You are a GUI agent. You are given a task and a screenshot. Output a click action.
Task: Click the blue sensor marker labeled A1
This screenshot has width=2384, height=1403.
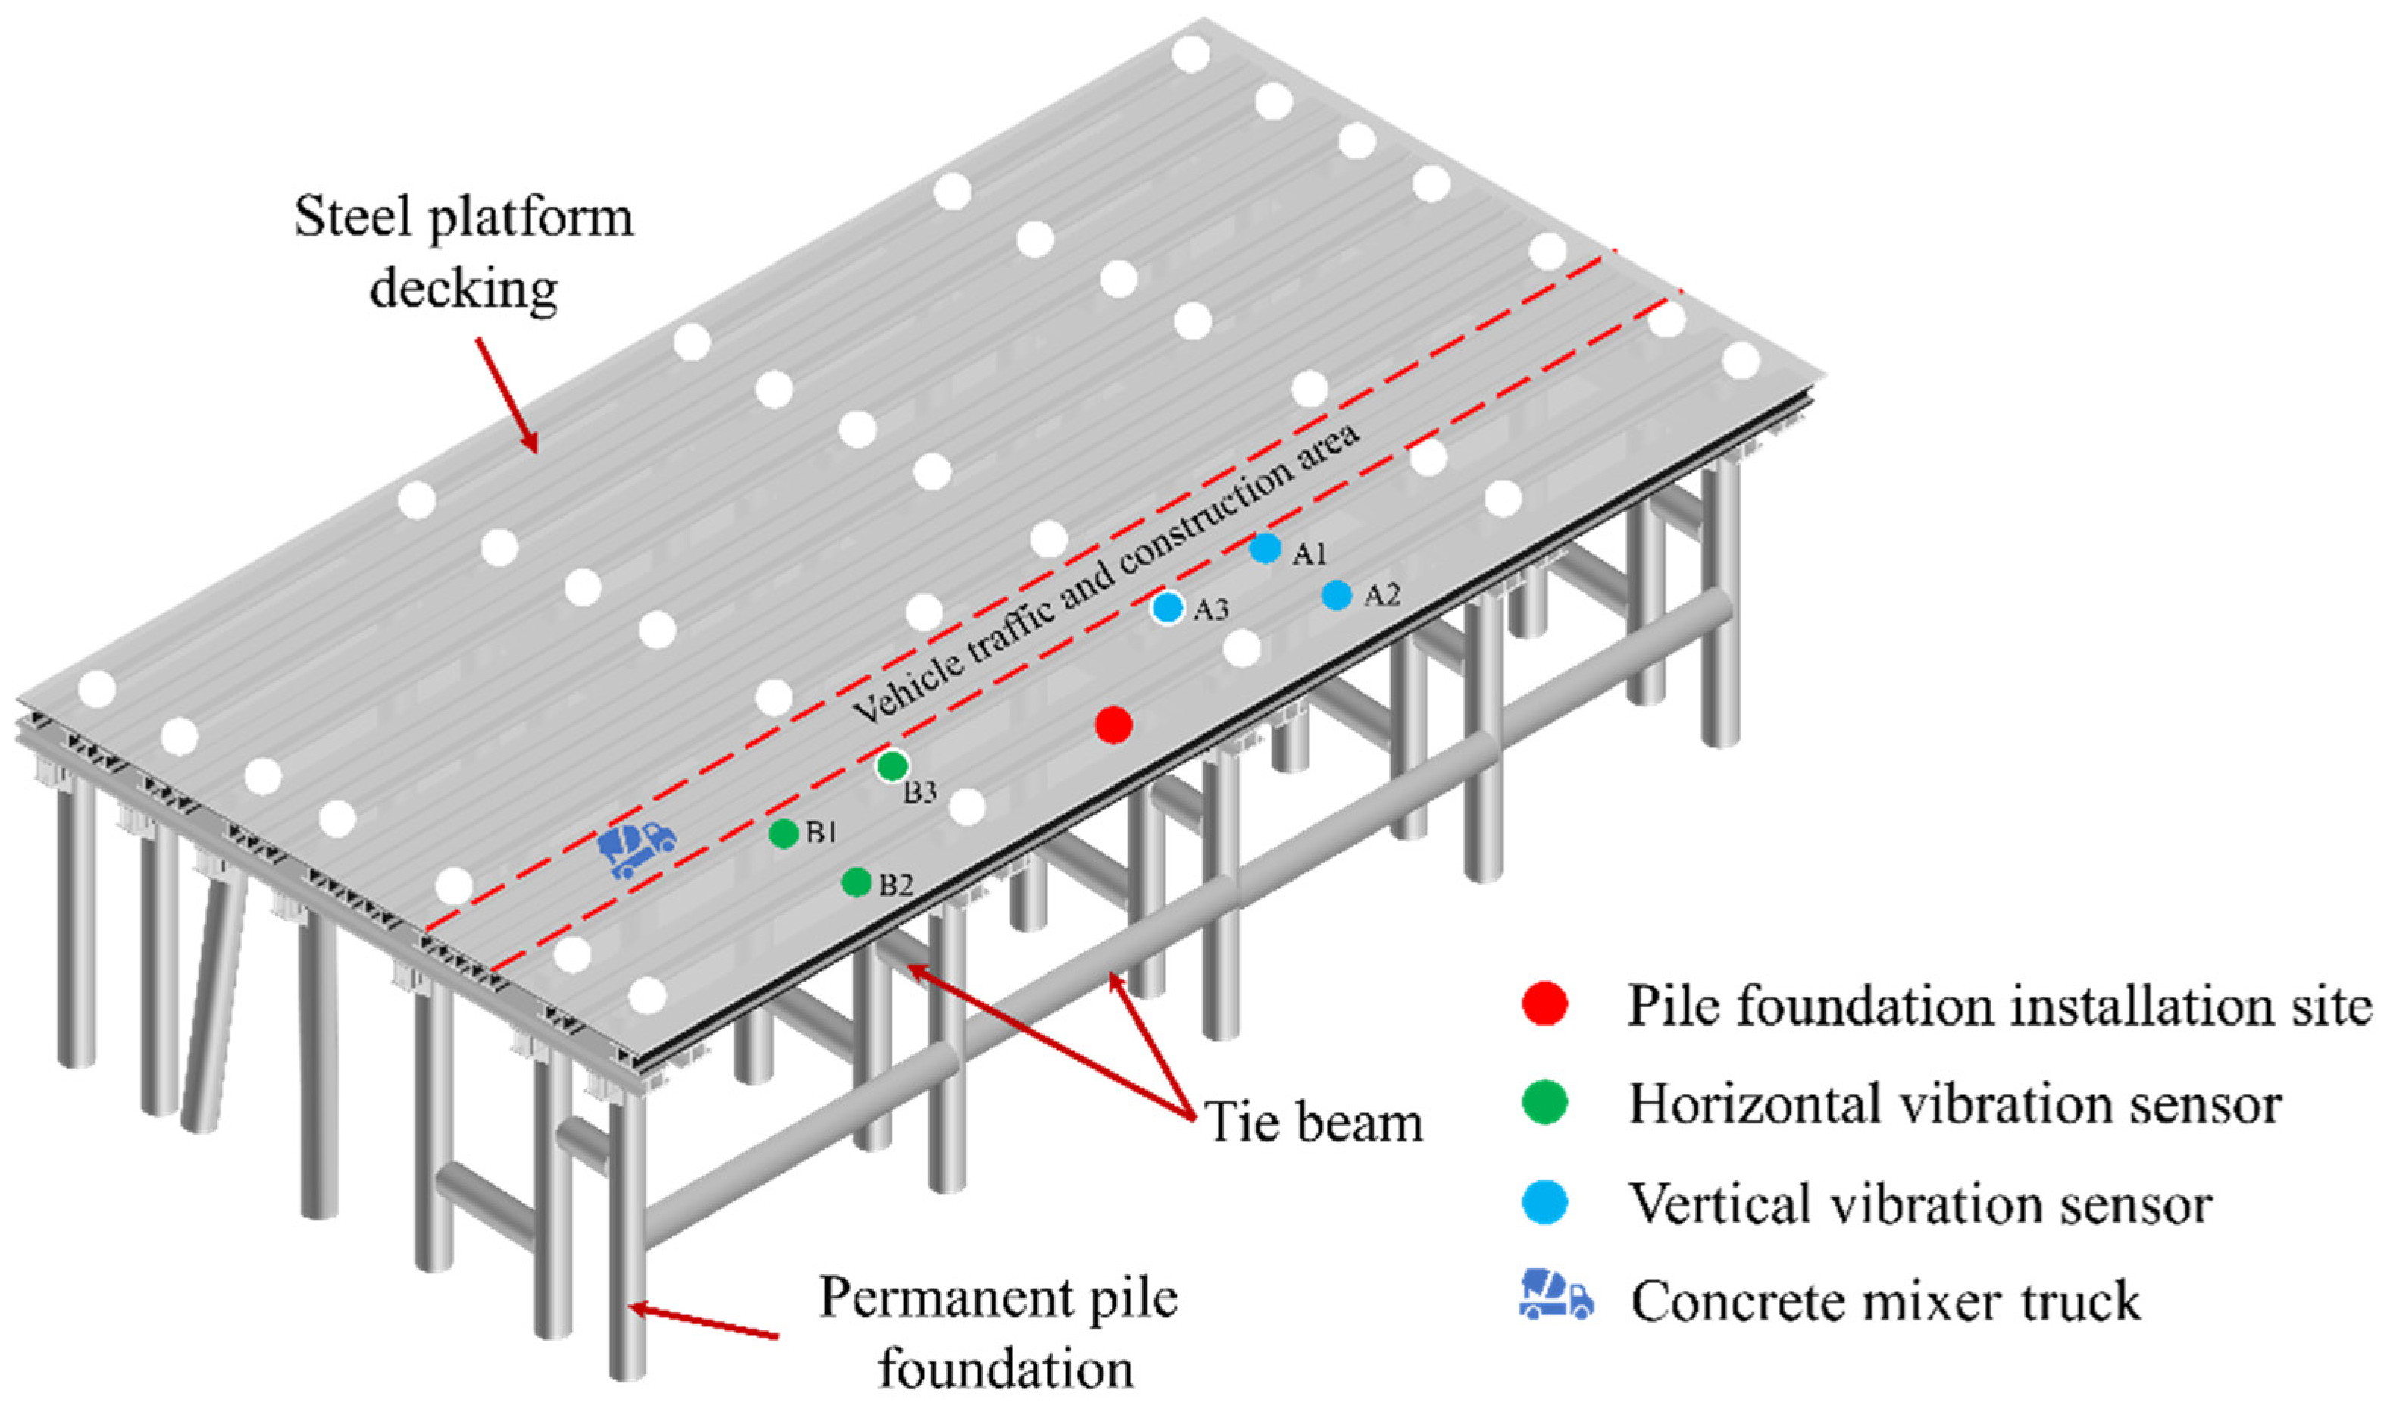tap(1265, 548)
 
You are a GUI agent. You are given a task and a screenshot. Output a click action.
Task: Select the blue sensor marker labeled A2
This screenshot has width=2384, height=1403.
tap(1336, 595)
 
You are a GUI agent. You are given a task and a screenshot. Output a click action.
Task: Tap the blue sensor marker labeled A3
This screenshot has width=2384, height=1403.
tap(1168, 607)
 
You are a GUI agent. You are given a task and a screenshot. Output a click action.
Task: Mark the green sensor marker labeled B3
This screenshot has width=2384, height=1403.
tap(892, 766)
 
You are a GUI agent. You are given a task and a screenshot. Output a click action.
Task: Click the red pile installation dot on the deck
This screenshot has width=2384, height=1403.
tap(1113, 725)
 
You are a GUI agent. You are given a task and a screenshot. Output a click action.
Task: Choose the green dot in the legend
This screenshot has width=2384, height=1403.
tap(1546, 1102)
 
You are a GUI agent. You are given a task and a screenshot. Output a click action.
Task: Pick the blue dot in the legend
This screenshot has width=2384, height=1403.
tap(1546, 1202)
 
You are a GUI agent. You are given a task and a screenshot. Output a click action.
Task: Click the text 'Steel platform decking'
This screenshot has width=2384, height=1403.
tap(464, 252)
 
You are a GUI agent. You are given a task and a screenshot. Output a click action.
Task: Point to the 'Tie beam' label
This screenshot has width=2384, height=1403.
tap(1314, 1124)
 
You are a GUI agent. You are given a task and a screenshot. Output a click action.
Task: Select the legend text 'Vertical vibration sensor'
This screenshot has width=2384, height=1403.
tap(1920, 1204)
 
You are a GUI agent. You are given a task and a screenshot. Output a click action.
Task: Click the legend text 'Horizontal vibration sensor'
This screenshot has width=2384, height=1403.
tap(1955, 1104)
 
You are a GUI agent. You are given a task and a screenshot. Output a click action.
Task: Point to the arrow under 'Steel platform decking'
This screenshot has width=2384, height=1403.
tap(506, 394)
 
